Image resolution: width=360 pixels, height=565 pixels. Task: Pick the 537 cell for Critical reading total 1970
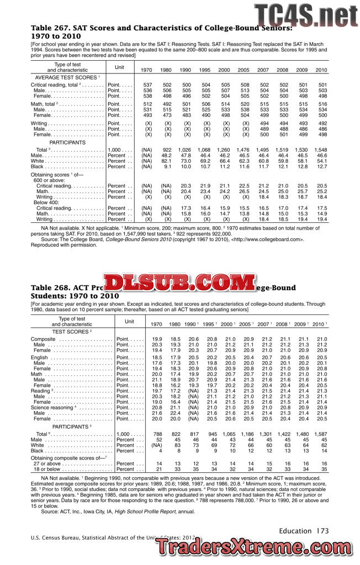pos(147,85)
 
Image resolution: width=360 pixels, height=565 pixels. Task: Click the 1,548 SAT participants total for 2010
pos(321,150)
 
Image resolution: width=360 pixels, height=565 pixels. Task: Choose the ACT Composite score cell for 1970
pos(157,339)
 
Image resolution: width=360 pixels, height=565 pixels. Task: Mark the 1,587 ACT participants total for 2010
pos(321,434)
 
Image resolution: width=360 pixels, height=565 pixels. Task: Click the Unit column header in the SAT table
pos(119,67)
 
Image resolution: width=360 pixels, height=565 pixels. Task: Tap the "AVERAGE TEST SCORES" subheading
pos(67,77)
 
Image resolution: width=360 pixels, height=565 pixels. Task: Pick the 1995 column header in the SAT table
pos(204,70)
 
